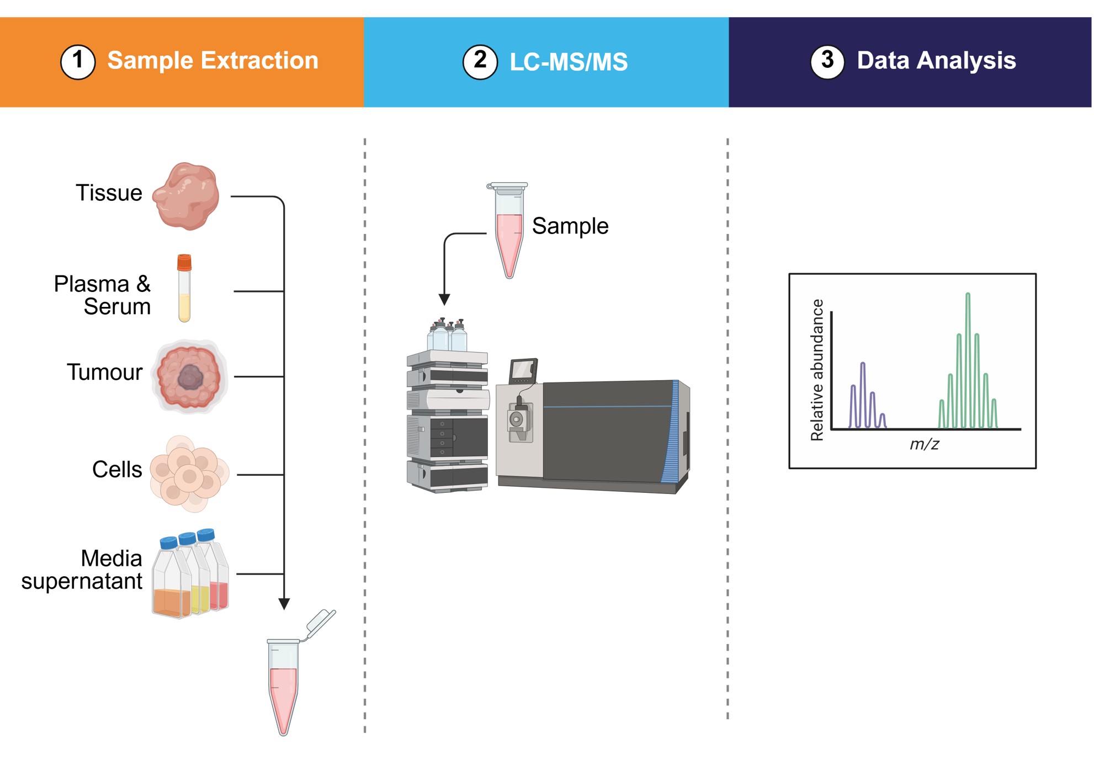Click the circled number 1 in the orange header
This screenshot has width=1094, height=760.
pyautogui.click(x=78, y=61)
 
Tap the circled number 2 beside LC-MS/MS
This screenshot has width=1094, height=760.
pyautogui.click(x=480, y=61)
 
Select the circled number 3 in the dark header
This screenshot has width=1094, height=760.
pyautogui.click(x=827, y=61)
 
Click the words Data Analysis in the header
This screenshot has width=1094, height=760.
pyautogui.click(x=936, y=61)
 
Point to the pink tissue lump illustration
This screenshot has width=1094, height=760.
pyautogui.click(x=187, y=196)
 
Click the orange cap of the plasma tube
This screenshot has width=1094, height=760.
pyautogui.click(x=184, y=262)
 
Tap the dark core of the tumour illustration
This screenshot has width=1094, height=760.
pyautogui.click(x=190, y=378)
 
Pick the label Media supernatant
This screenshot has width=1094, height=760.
pyautogui.click(x=83, y=570)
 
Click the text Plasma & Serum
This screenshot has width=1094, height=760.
pyautogui.click(x=103, y=295)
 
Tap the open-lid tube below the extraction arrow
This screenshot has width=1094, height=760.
pyautogui.click(x=284, y=684)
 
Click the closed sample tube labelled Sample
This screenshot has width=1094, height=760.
pyautogui.click(x=509, y=232)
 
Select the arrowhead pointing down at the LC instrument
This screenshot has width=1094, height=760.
pyautogui.click(x=444, y=300)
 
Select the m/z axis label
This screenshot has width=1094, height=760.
pyautogui.click(x=924, y=444)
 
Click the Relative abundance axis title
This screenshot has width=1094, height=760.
pyautogui.click(x=817, y=370)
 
